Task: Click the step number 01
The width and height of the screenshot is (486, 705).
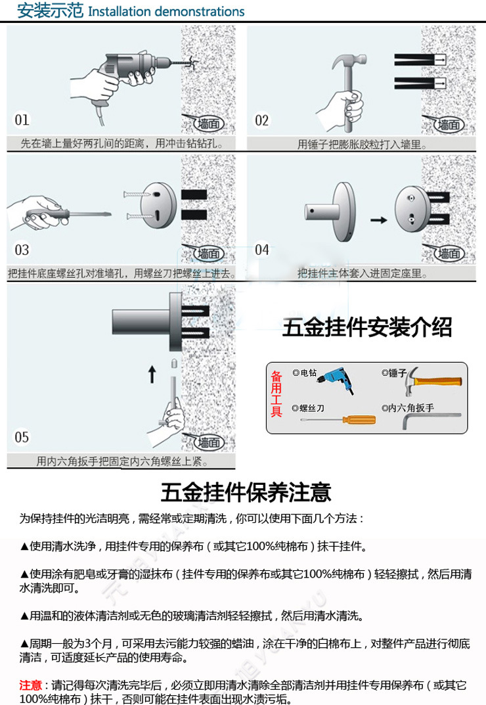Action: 22,120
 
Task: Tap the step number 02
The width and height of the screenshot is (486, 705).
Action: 262,120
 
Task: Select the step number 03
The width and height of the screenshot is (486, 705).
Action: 22,250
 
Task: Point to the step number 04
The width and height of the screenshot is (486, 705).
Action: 262,250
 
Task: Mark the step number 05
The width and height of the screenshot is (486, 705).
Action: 22,437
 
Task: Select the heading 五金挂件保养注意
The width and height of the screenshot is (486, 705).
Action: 246,492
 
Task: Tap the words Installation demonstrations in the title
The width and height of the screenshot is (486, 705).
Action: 166,12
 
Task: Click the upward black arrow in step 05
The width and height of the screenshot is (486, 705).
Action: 152,375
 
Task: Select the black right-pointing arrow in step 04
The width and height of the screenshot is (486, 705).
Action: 378,219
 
